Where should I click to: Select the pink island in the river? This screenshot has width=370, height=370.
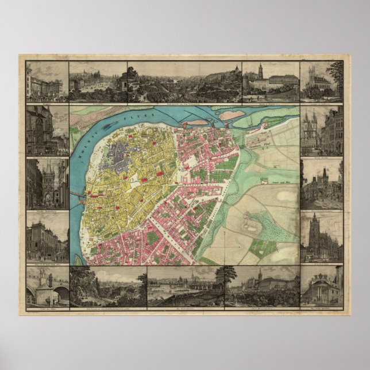[x=232, y=115]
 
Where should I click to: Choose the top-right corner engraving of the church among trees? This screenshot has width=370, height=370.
[x=322, y=80]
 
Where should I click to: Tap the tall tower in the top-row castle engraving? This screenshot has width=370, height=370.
[x=260, y=72]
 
